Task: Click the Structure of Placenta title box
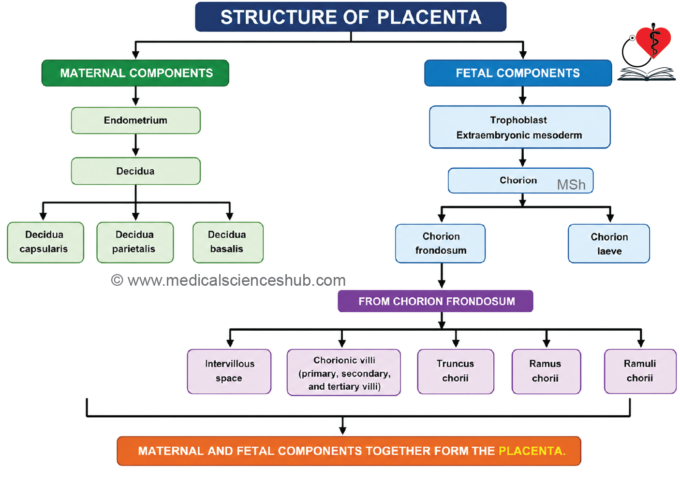pos(351,17)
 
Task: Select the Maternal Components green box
pos(135,73)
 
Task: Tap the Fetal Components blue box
pos(518,73)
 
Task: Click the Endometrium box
pos(136,120)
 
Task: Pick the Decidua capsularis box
pos(45,242)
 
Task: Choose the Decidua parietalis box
pos(135,242)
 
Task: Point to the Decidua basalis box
pos(228,242)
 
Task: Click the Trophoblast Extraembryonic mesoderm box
pos(520,127)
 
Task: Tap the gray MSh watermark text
pos(571,185)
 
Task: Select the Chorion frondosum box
pos(440,244)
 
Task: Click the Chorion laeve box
pos(609,244)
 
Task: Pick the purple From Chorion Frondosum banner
pos(435,301)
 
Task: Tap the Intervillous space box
pos(229,371)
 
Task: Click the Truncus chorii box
pos(456,371)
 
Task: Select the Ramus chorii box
pos(547,371)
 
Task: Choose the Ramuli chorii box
pos(640,371)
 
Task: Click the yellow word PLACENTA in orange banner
pos(532,451)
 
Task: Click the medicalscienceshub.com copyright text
pos(228,280)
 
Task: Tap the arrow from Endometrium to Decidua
pos(136,145)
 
